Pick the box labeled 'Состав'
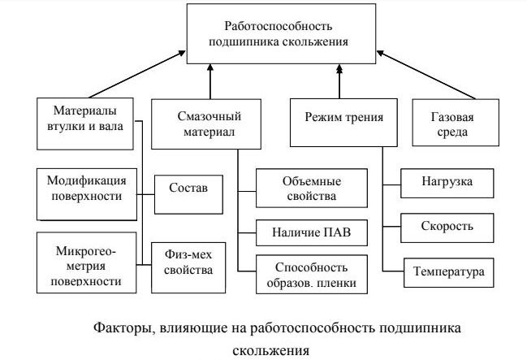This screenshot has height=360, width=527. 188,189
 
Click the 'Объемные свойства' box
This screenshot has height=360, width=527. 310,189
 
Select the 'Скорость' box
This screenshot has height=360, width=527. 447,226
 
